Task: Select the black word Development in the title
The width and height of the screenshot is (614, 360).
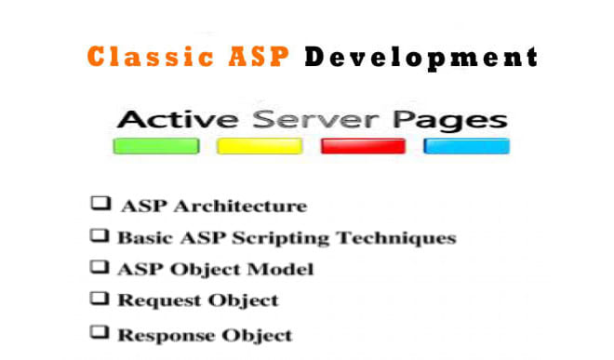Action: [x=420, y=57]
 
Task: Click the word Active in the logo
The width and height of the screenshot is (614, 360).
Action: [x=175, y=121]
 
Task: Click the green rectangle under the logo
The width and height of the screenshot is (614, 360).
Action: [x=155, y=146]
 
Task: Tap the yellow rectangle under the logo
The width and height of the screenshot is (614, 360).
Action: [x=260, y=146]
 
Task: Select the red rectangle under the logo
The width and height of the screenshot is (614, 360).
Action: [x=363, y=146]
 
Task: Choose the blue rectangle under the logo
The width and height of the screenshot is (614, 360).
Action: [x=466, y=146]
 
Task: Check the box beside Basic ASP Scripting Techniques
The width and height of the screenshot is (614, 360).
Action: [x=97, y=235]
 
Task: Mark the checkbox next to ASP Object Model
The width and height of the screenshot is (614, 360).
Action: [x=97, y=267]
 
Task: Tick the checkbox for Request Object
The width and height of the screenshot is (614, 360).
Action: [x=97, y=299]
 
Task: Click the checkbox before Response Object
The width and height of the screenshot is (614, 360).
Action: [x=97, y=332]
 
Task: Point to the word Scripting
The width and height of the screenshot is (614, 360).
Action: [x=262, y=238]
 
